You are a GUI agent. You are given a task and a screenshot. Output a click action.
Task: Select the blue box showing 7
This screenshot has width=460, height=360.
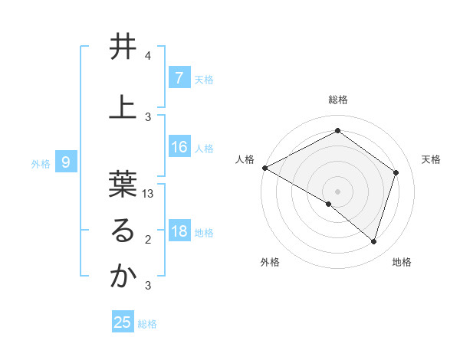179,78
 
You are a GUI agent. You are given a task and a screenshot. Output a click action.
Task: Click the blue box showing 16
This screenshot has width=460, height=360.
179,147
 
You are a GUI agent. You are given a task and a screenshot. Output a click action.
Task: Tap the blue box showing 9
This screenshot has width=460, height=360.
67,162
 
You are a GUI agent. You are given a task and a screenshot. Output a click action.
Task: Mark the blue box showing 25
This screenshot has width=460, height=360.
123,322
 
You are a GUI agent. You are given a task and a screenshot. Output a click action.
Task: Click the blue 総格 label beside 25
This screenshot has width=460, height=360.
147,324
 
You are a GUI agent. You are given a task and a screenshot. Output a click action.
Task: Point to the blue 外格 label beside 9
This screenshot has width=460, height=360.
41,163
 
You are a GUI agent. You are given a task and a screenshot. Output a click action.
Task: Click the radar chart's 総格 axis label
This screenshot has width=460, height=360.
337,100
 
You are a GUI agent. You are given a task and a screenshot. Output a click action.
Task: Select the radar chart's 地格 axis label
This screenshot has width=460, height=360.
402,262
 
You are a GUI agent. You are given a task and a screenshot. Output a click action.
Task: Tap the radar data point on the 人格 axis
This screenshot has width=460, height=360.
264,168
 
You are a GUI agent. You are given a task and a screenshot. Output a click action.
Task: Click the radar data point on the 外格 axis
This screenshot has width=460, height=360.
329,205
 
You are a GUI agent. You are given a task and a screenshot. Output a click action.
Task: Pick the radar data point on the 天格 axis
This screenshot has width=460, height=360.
396,172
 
